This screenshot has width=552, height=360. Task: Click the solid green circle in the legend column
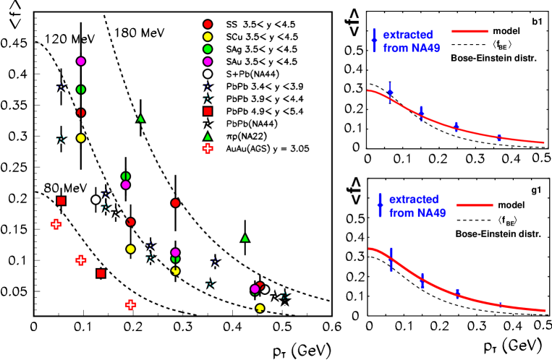(x=208, y=49)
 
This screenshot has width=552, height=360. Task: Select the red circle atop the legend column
(x=208, y=24)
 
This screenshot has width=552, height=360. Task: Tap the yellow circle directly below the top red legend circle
(x=208, y=37)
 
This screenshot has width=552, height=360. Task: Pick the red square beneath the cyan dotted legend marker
(x=208, y=111)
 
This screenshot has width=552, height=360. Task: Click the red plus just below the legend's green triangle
(x=208, y=148)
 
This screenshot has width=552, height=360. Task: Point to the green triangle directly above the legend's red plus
(x=208, y=137)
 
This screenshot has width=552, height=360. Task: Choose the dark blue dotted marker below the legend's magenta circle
(x=208, y=86)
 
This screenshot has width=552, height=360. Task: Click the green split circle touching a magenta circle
(x=125, y=176)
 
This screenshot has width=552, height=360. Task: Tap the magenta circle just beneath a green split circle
(x=126, y=185)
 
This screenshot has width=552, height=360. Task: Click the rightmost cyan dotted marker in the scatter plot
(x=284, y=295)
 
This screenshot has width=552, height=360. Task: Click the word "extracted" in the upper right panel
(x=407, y=35)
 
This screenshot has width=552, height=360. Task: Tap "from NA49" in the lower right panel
(x=417, y=213)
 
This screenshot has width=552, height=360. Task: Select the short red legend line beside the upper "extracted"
(x=470, y=31)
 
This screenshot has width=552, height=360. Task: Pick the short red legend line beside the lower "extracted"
(x=475, y=205)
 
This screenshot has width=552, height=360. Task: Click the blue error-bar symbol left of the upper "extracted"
(x=374, y=40)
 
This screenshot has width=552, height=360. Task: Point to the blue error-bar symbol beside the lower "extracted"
(x=380, y=205)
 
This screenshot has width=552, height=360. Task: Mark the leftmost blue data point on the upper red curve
(x=390, y=93)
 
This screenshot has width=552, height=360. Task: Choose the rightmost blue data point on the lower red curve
(x=500, y=305)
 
